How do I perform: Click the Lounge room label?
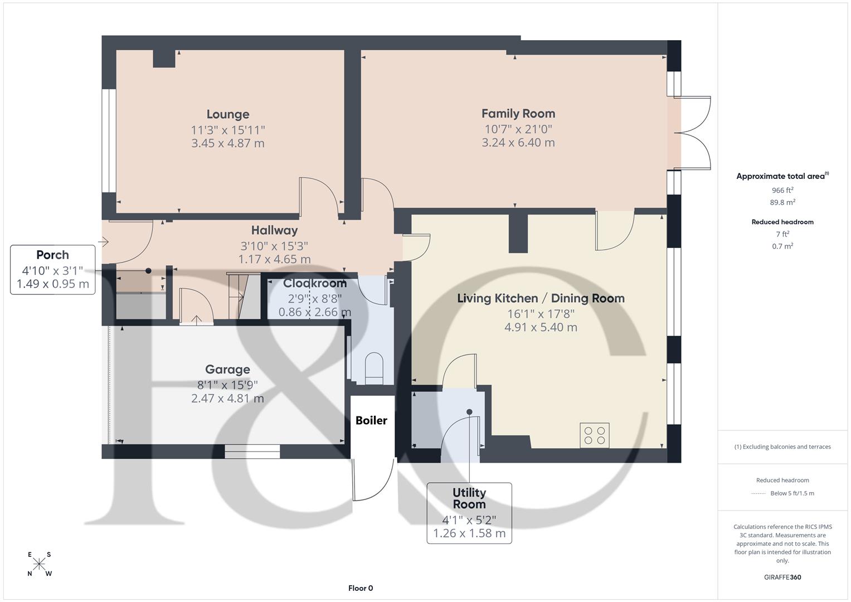point(227,114)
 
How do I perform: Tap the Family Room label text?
point(518,114)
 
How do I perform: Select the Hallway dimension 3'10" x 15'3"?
point(274,246)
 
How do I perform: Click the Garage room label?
point(227,370)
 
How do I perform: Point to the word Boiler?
point(371,420)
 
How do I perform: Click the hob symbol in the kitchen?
point(594,435)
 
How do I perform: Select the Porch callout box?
point(52,270)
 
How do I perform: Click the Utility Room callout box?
point(469,513)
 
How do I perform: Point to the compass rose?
point(40,564)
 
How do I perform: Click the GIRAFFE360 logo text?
point(782,577)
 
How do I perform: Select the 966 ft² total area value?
point(782,190)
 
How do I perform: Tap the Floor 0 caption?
point(361,588)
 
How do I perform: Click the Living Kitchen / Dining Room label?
point(541,298)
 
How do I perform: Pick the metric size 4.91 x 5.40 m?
point(541,327)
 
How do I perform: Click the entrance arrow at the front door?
point(103,242)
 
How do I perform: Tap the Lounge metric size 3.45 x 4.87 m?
point(227,143)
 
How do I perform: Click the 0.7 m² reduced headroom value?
point(782,246)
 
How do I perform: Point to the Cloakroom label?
point(314,283)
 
